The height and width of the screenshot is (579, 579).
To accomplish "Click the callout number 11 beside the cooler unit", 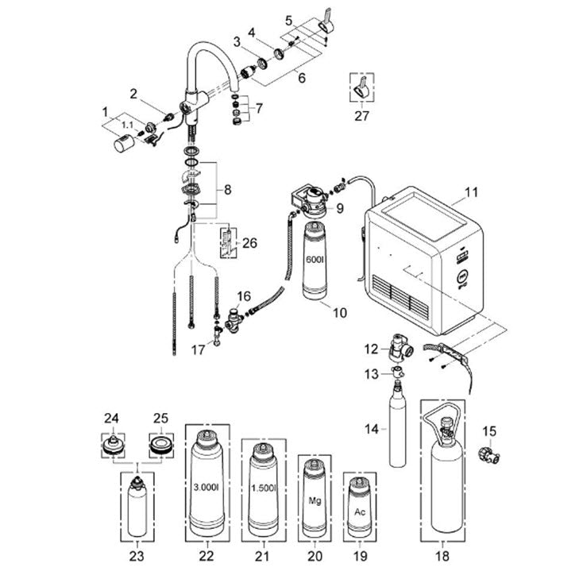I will click(472, 192).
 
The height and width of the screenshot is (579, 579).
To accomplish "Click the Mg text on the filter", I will click(315, 501).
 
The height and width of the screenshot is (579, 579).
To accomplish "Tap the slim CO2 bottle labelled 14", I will click(397, 429).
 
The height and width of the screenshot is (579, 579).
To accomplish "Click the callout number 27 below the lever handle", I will click(361, 115).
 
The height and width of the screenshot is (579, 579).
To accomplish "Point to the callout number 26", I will click(249, 242).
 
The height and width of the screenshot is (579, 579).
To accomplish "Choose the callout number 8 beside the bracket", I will click(228, 191).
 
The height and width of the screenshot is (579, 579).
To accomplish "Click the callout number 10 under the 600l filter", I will click(339, 313).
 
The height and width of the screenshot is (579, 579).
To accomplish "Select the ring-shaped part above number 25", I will click(160, 444).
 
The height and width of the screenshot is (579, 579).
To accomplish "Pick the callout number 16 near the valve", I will click(244, 295).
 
